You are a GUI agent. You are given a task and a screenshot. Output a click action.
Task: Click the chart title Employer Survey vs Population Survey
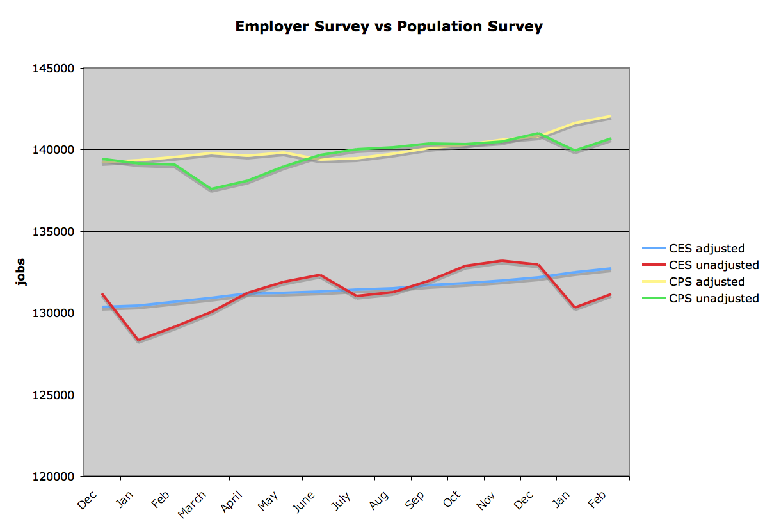click(x=389, y=26)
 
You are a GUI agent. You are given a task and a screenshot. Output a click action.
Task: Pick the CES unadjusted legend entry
click(x=713, y=265)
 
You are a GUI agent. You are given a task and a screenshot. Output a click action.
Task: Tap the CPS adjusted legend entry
click(x=706, y=282)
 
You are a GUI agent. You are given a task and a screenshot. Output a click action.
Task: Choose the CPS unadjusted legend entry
click(x=713, y=299)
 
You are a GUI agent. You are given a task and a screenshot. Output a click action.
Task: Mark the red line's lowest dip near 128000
click(x=138, y=340)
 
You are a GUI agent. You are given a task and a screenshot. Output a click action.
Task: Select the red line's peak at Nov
click(x=502, y=261)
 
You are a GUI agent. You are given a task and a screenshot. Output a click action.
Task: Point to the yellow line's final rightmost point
click(x=611, y=116)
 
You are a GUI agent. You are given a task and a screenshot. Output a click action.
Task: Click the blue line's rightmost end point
click(x=611, y=268)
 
